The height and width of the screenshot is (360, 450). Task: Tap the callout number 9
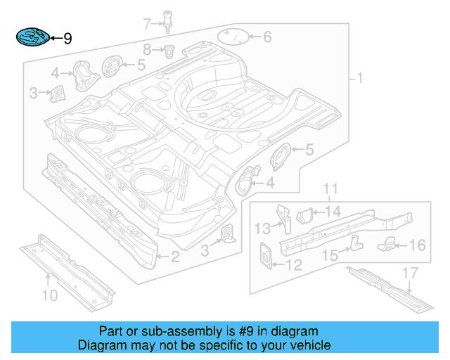click(67, 39)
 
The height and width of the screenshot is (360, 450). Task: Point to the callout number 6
click(267, 37)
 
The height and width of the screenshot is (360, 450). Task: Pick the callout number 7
click(146, 25)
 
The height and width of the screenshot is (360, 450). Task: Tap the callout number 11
click(330, 189)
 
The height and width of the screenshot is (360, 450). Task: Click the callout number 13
click(262, 228)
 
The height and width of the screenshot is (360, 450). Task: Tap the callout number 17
click(410, 274)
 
